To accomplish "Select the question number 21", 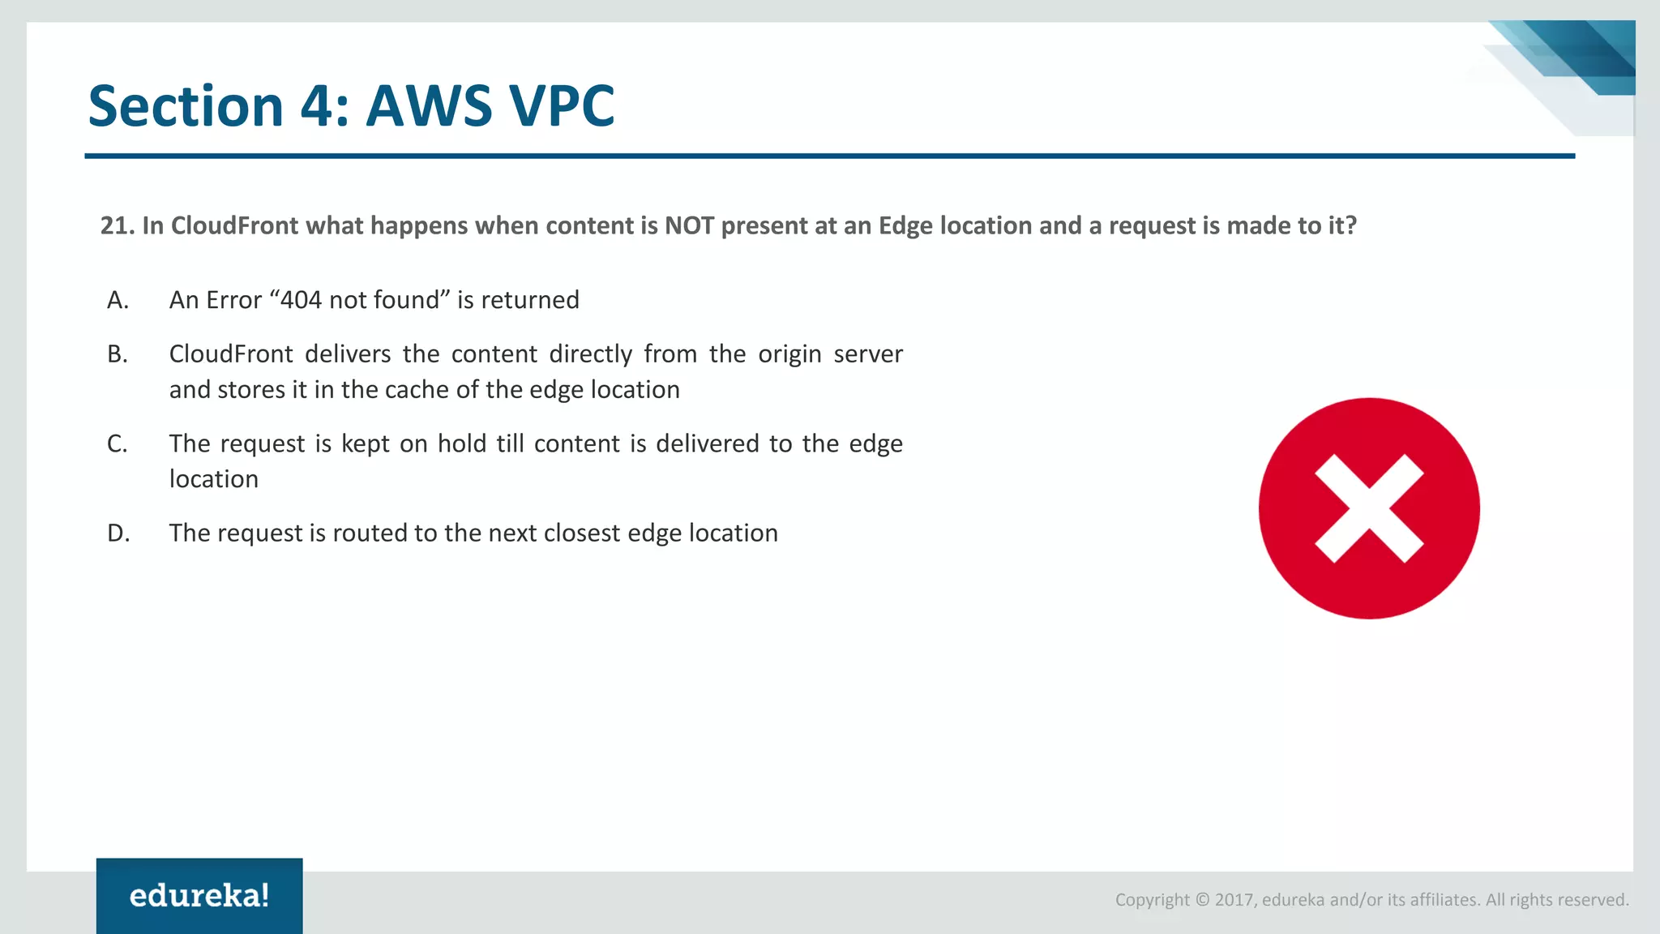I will pyautogui.click(x=117, y=225).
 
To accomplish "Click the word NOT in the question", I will pyautogui.click(x=690, y=225).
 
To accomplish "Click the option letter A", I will pyautogui.click(x=118, y=300).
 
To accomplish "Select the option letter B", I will pyautogui.click(x=118, y=354).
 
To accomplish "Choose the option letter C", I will pyautogui.click(x=118, y=443).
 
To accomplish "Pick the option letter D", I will pyautogui.click(x=118, y=533).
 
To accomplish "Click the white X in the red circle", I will pyautogui.click(x=1369, y=508).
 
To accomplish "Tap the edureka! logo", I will pyautogui.click(x=199, y=896).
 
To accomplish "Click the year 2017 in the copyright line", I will pyautogui.click(x=1234, y=900).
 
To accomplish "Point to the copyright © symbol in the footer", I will pyautogui.click(x=1203, y=900).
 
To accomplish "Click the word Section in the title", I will pyautogui.click(x=186, y=106).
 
